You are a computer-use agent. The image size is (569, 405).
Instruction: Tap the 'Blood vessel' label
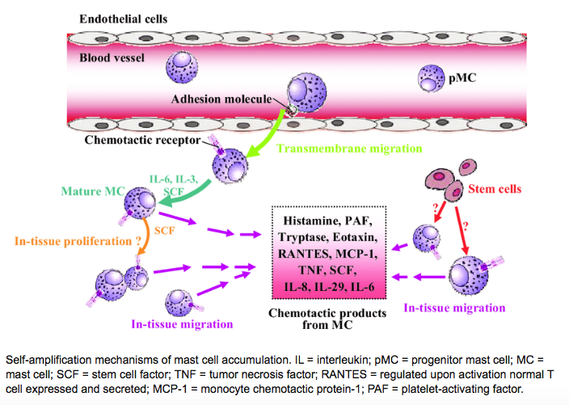point(114,57)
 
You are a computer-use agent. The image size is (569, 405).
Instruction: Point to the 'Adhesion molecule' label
point(223,100)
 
